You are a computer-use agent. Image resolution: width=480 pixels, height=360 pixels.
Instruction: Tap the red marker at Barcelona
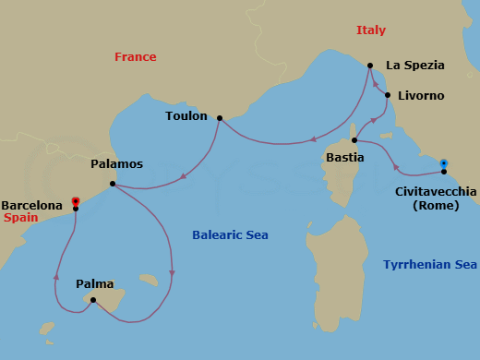76,200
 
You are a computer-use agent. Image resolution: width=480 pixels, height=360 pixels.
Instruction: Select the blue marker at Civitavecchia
444,163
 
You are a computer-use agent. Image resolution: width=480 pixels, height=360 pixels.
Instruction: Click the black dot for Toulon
219,118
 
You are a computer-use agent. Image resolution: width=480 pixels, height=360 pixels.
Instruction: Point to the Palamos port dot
112,184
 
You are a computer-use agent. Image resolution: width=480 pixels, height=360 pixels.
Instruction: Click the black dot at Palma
93,299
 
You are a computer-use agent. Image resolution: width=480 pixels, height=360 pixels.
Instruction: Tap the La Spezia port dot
369,66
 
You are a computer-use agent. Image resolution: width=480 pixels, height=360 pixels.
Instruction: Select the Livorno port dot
388,95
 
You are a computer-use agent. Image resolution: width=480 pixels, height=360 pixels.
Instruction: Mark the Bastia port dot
354,140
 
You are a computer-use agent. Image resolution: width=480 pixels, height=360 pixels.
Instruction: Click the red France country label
135,57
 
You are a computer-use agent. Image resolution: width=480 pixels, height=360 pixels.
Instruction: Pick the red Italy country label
370,30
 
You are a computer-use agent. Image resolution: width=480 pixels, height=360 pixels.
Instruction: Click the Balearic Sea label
230,235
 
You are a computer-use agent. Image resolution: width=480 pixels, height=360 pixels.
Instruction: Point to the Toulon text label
186,116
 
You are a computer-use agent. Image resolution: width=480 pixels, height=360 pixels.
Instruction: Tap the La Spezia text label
414,66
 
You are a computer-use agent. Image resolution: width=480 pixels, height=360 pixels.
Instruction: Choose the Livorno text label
421,96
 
